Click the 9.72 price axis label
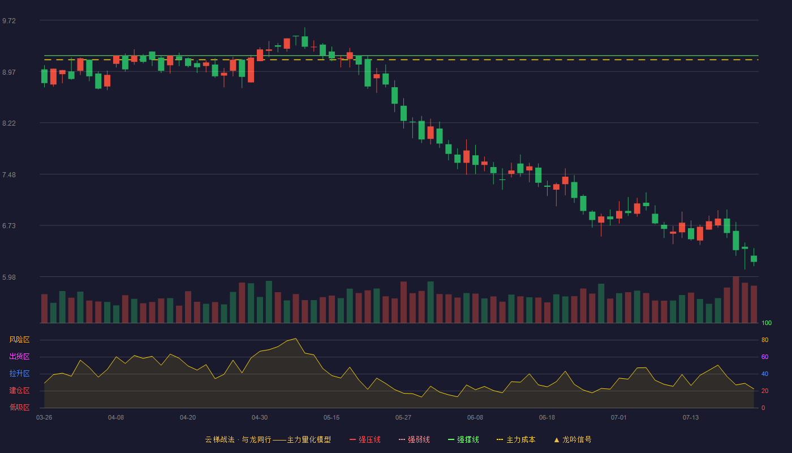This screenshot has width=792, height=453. pos(9,21)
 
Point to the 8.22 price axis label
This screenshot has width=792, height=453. pos(9,123)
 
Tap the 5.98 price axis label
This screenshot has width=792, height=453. pos(9,277)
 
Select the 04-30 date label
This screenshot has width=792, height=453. pos(260,418)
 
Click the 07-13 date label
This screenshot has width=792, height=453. pos(691,418)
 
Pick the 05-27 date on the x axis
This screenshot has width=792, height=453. pos(403,418)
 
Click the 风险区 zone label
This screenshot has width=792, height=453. pos(19,340)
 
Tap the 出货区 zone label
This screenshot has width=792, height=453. pos(19,356)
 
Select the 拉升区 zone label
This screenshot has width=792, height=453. pos(19,373)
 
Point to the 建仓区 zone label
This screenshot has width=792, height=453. pos(19,390)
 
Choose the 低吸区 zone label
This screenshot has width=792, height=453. pos(19,407)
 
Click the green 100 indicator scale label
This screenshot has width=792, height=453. pos(767,323)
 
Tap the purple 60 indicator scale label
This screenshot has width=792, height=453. pos(765,357)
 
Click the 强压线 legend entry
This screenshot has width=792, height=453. pos(365,439)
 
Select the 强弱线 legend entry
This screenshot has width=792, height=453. pos(414,439)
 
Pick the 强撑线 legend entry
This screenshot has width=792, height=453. pos(463,439)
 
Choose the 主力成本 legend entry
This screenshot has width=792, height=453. pos(516,439)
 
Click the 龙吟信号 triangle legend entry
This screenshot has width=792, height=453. pos(573,439)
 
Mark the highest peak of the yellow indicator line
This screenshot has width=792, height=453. pos(295,339)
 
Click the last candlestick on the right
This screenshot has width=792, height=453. pos(754,258)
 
